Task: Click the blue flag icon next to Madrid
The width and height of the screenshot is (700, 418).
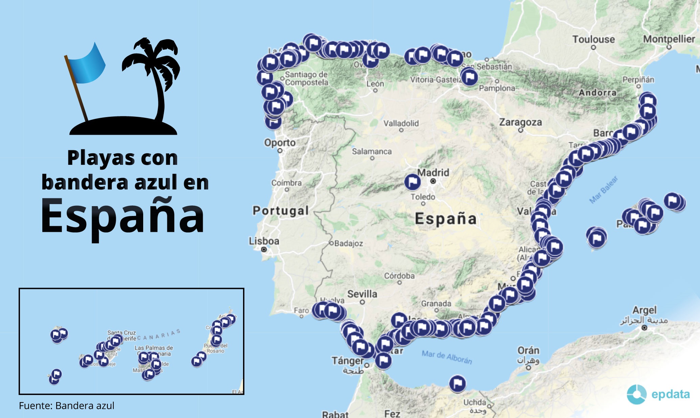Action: pos(413,182)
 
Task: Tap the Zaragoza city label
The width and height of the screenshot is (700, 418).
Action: pos(520,122)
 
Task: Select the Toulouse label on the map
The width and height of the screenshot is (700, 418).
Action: pos(593,39)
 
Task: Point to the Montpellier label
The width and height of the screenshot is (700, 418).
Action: pos(669,39)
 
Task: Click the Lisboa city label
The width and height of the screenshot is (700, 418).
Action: pos(264,241)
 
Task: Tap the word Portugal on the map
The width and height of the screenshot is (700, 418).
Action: pos(281,211)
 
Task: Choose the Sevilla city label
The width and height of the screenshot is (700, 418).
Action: pos(362,294)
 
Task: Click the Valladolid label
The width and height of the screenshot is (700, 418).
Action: pos(401,124)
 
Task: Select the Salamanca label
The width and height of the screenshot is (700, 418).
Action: pos(372,152)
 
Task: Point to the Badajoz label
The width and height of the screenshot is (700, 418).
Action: pos(349,243)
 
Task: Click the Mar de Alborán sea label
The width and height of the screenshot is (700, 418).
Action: pos(447,357)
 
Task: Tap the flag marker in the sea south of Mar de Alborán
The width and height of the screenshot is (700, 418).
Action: pos(457,384)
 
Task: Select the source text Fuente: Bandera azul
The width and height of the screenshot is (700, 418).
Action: pos(67,405)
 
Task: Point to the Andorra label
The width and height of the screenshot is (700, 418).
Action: pos(597,93)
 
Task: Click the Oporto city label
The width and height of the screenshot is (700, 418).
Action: pos(280,142)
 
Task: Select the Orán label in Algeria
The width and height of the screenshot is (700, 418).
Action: pos(528,350)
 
